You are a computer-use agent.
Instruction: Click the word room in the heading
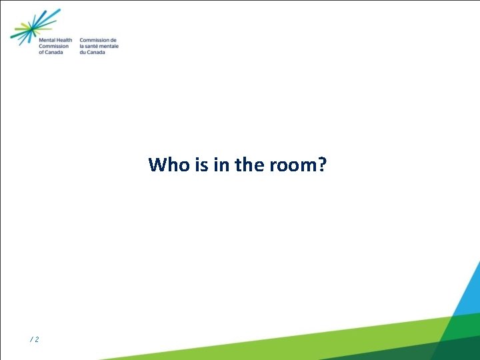point(291,165)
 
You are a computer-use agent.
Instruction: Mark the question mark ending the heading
point(322,165)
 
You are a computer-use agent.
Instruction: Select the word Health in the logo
point(65,40)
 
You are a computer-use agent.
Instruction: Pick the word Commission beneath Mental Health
point(55,46)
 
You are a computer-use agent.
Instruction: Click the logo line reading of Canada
point(51,52)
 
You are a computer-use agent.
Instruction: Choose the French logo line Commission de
point(97,40)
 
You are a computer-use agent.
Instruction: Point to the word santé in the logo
point(93,46)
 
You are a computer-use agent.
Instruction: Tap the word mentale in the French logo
point(110,46)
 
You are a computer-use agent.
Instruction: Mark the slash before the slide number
point(31,340)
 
